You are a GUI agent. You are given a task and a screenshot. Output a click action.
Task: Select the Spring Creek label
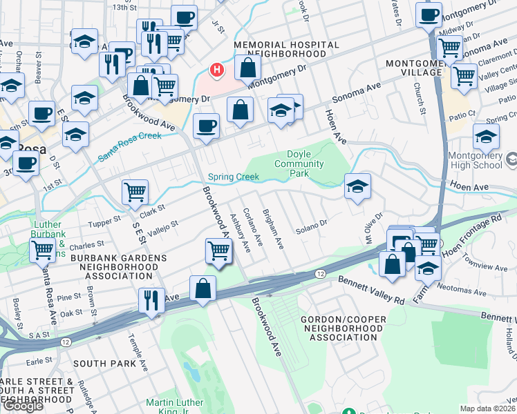pyautogui.click(x=234, y=177)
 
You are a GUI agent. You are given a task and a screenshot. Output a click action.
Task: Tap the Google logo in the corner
pyautogui.click(x=23, y=406)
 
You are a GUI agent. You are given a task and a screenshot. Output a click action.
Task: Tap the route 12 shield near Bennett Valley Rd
pyautogui.click(x=320, y=274)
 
